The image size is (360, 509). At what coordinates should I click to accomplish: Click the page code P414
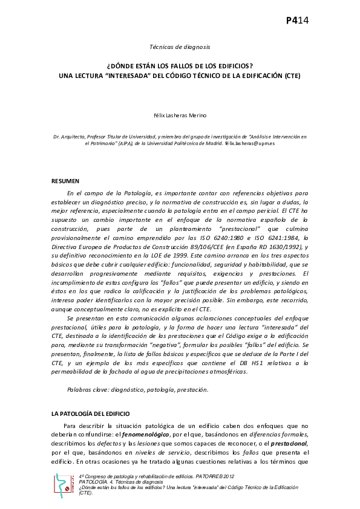point(297,21)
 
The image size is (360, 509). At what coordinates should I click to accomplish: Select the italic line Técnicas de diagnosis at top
point(180,47)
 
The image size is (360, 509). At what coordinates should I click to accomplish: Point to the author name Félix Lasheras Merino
point(180,115)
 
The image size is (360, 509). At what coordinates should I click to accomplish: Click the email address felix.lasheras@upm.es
point(250,144)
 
